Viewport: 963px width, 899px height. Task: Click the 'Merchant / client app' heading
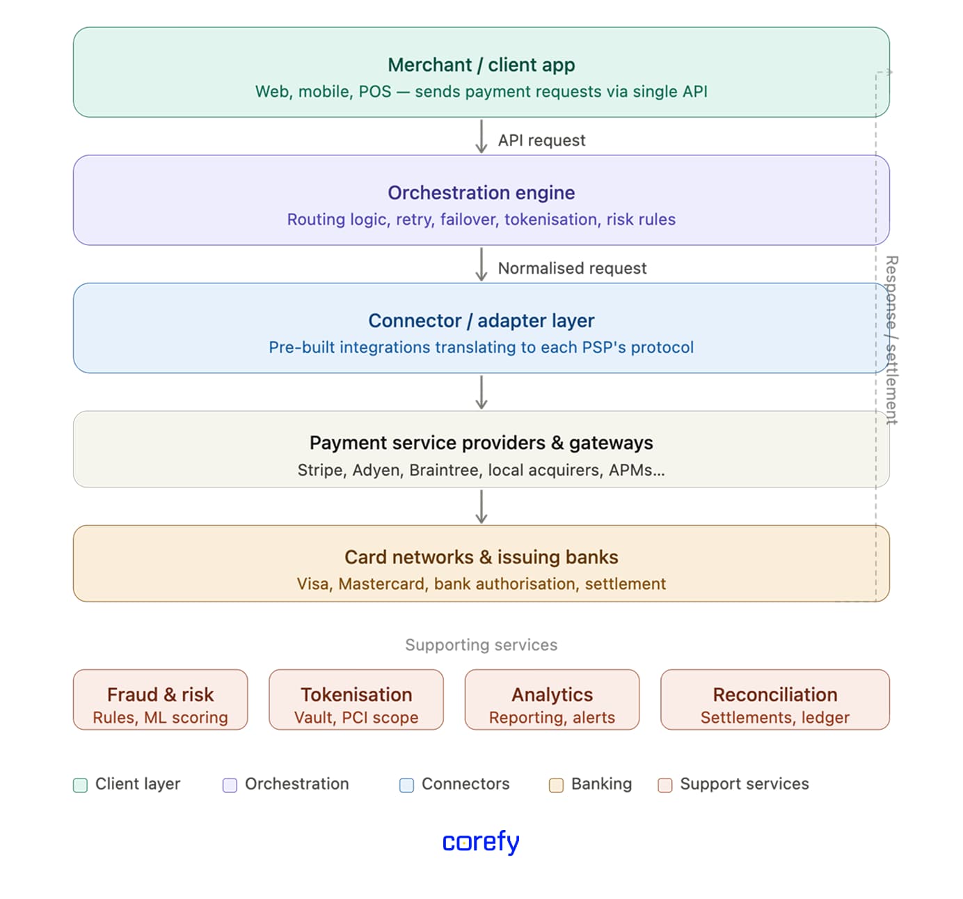[481, 65]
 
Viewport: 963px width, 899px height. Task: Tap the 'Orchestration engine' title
[481, 193]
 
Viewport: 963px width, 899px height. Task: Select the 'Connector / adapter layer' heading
[481, 321]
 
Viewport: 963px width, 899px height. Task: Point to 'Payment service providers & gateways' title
[481, 443]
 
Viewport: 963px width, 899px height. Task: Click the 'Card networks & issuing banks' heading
[481, 557]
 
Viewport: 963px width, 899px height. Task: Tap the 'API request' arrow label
[541, 141]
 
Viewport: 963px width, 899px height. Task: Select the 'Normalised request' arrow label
[572, 269]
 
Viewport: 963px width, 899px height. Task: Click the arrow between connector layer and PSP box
[481, 392]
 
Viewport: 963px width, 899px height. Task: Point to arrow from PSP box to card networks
[481, 506]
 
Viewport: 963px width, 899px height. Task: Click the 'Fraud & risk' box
[160, 700]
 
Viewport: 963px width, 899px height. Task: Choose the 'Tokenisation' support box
[356, 700]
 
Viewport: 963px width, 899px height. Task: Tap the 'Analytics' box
[552, 700]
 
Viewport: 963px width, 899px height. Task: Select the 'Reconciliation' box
[774, 700]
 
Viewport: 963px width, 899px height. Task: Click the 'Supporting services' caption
[481, 645]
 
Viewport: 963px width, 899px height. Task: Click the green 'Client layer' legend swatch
[81, 785]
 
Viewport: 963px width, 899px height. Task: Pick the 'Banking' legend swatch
[556, 785]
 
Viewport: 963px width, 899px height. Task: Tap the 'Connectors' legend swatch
[406, 785]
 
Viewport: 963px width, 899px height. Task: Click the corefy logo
[481, 842]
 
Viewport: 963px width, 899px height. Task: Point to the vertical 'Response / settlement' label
[891, 339]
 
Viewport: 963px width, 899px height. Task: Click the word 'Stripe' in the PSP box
[320, 470]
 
